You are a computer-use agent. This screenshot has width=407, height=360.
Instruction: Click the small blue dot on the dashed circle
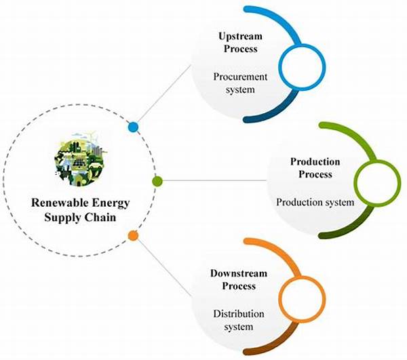[x=134, y=127]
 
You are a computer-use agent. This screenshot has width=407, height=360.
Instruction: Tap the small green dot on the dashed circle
[x=157, y=181]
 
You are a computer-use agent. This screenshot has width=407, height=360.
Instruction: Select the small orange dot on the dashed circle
[x=134, y=236]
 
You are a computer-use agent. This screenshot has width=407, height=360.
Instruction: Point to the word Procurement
[x=241, y=77]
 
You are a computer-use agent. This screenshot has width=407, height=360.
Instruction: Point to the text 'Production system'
[x=315, y=202]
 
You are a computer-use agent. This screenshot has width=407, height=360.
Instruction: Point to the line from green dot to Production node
[x=217, y=181]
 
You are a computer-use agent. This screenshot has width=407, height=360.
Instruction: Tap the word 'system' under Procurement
[x=241, y=91]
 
